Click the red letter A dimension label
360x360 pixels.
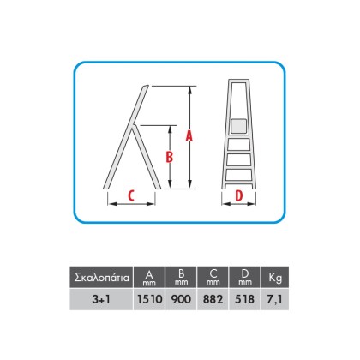click(x=189, y=136)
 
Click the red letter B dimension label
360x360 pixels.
click(x=170, y=157)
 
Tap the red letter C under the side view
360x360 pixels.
click(x=131, y=195)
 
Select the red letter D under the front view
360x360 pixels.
click(x=238, y=195)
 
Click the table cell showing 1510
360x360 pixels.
click(x=149, y=299)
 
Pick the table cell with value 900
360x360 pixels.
click(x=181, y=299)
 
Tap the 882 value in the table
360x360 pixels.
click(x=213, y=299)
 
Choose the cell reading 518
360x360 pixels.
click(x=244, y=299)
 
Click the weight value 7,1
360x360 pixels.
click(x=275, y=299)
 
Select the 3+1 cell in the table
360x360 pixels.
click(x=101, y=299)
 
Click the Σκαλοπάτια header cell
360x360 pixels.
click(x=101, y=277)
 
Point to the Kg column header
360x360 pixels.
click(x=275, y=277)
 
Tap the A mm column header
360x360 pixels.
click(x=149, y=277)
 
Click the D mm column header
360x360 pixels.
click(x=244, y=277)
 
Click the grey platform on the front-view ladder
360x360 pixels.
click(x=238, y=126)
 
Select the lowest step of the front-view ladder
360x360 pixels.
click(x=239, y=175)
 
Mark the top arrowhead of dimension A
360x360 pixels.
click(x=189, y=90)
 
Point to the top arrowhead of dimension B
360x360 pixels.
click(x=170, y=129)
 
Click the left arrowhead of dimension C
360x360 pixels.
click(x=112, y=204)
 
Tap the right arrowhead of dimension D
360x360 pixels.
click(x=251, y=204)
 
